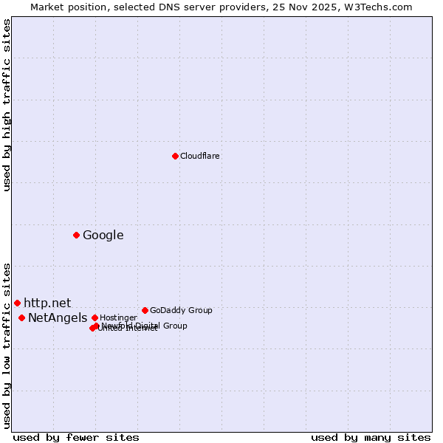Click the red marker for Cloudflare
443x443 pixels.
[x=175, y=156]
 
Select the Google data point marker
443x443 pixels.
[x=76, y=235]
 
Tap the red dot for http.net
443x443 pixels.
[x=17, y=303]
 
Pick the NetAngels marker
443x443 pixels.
[x=21, y=317]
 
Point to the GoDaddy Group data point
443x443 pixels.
[x=145, y=310]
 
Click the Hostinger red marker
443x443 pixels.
[x=95, y=317]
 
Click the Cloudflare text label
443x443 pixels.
[x=200, y=156]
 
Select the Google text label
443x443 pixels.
[x=103, y=236]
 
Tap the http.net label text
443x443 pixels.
[x=47, y=303]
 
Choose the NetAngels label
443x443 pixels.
[x=58, y=317]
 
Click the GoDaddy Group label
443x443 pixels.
[x=181, y=310]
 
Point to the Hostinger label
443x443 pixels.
[x=118, y=317]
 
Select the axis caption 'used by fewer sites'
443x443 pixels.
[x=76, y=437]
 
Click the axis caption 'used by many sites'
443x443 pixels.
[x=371, y=437]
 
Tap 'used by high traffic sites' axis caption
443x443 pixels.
[x=7, y=105]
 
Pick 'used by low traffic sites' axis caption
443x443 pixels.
[x=7, y=345]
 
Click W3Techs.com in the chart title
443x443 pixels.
[x=380, y=7]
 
